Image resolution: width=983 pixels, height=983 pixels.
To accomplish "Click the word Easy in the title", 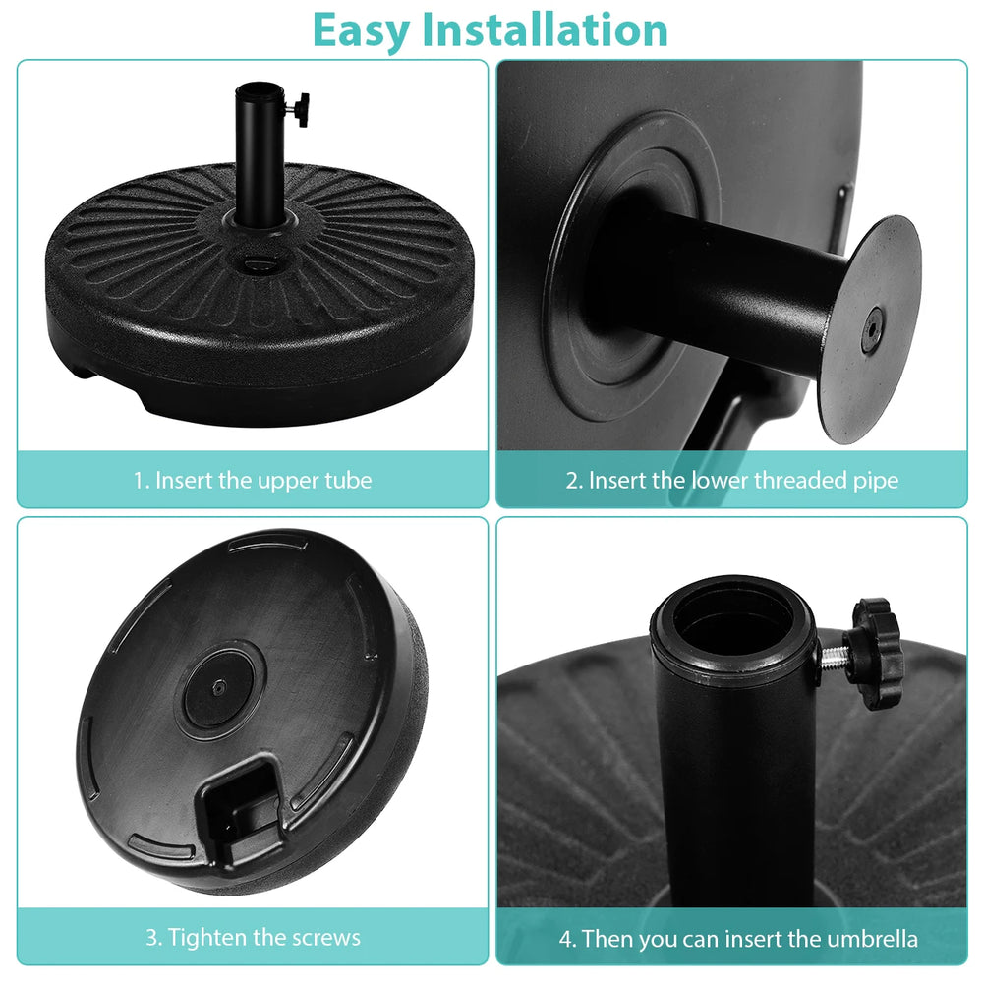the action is point(361,31).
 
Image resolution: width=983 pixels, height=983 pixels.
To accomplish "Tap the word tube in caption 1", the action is point(348,481).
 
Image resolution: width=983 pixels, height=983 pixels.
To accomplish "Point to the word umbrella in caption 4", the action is point(872,939).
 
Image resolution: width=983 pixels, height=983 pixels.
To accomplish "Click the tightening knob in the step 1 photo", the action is point(300,110).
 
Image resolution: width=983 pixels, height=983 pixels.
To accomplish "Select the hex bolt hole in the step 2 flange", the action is point(872,328).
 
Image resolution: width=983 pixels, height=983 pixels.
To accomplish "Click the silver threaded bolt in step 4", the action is point(833,657).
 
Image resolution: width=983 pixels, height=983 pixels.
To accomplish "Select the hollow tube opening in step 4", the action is point(732,618).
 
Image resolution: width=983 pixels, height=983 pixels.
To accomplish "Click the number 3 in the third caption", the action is point(151,938).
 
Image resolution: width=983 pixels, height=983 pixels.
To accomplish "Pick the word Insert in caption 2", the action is point(617,481).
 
